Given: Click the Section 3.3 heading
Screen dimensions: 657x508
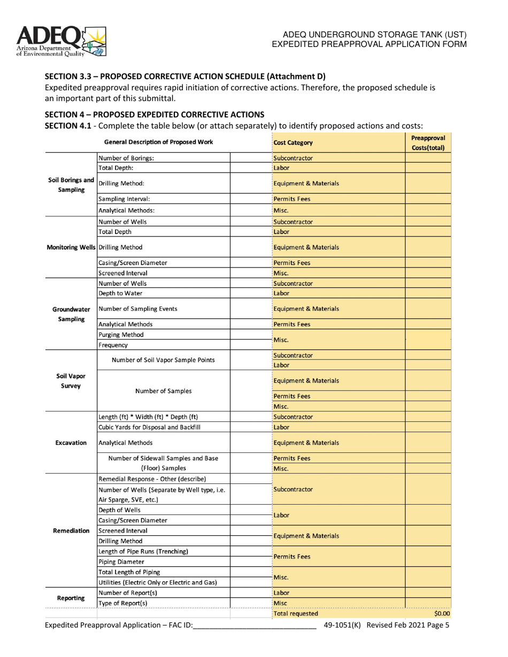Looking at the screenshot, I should pyautogui.click(x=184, y=76).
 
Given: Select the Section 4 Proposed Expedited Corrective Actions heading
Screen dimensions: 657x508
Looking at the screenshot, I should pyautogui.click(x=154, y=114).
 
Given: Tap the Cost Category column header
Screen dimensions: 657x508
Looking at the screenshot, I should pyautogui.click(x=293, y=143).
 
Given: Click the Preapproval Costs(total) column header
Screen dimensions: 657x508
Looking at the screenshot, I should pyautogui.click(x=428, y=143).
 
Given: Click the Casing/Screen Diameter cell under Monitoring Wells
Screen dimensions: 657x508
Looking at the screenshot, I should pyautogui.click(x=133, y=263).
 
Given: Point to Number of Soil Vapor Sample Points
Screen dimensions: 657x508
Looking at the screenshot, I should pyautogui.click(x=163, y=360).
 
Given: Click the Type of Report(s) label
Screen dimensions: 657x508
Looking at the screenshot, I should pyautogui.click(x=123, y=603).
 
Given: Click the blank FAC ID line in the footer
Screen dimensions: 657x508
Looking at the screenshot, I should pyautogui.click(x=255, y=625).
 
